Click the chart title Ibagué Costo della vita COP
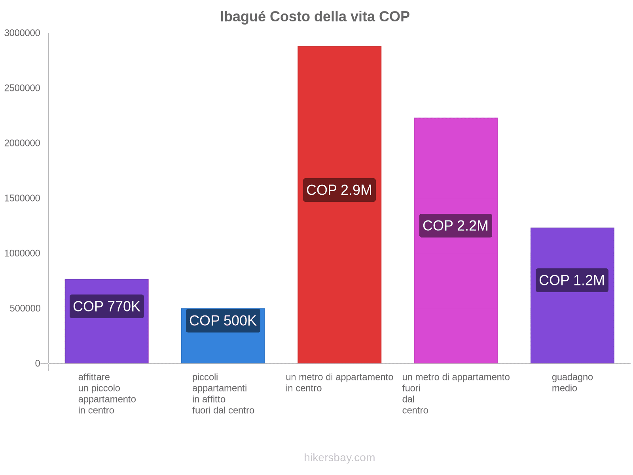pyautogui.click(x=315, y=17)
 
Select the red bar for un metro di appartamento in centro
pyautogui.click(x=339, y=119)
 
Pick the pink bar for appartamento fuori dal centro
pyautogui.click(x=456, y=166)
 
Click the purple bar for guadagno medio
pyautogui.click(x=572, y=325)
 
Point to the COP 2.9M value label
pyautogui.click(x=339, y=190)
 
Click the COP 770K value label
pyautogui.click(x=107, y=306)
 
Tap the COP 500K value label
pyautogui.click(x=223, y=321)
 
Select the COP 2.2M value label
pyautogui.click(x=456, y=226)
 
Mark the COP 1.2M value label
pyautogui.click(x=572, y=280)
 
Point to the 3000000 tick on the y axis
pyautogui.click(x=23, y=33)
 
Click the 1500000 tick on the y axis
pyautogui.click(x=23, y=198)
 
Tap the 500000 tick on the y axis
pyautogui.click(x=25, y=308)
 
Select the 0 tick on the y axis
pyautogui.click(x=38, y=363)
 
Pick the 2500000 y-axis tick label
pyautogui.click(x=23, y=88)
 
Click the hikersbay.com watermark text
pyautogui.click(x=339, y=458)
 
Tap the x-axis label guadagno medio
pyautogui.click(x=572, y=382)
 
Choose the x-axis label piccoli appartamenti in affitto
pyautogui.click(x=223, y=393)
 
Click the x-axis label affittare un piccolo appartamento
pyautogui.click(x=107, y=393)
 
